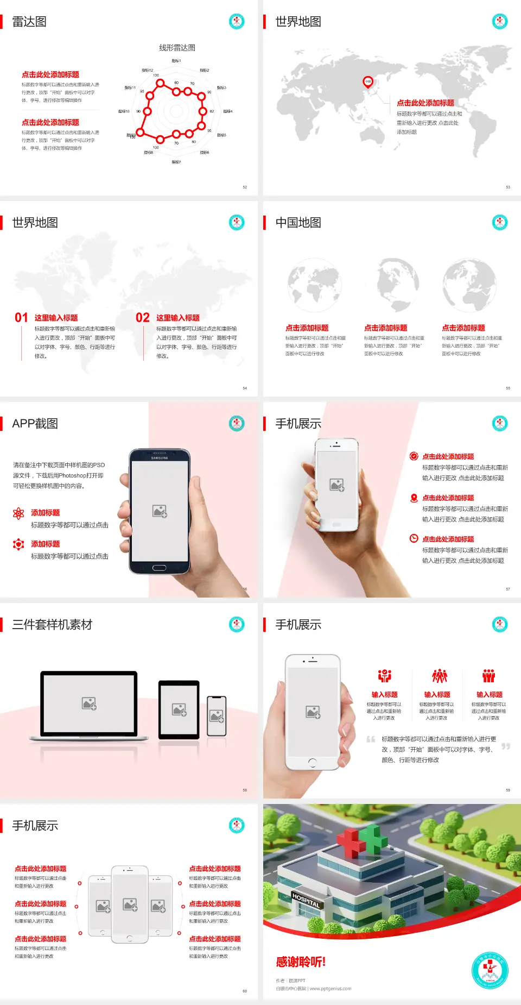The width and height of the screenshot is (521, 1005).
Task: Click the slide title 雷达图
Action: pos(29,22)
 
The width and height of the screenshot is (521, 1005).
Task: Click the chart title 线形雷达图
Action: pos(177,48)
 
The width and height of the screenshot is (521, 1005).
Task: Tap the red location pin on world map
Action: pos(368,82)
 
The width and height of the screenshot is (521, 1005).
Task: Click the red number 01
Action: pos(21,318)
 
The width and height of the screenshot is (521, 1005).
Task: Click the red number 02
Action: pos(143,318)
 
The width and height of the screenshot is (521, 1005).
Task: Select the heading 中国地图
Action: pos(298,223)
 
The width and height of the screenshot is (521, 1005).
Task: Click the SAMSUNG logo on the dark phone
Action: pos(160,458)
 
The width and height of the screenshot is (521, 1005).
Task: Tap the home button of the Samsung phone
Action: pos(159,568)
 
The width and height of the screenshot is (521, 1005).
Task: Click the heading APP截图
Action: pos(35,424)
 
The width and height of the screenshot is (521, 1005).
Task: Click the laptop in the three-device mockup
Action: pos(89,705)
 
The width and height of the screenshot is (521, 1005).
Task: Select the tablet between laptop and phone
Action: pos(179,709)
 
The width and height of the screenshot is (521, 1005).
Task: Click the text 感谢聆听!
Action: pos(301,962)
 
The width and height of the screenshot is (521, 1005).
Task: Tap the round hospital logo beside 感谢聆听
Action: pos(490,970)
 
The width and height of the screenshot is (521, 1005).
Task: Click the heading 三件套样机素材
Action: pos(52,625)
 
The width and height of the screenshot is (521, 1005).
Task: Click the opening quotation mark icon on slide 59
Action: pos(371,739)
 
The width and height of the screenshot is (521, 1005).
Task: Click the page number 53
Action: pos(508,187)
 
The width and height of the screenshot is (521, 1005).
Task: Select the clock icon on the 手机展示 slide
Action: pos(414,538)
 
